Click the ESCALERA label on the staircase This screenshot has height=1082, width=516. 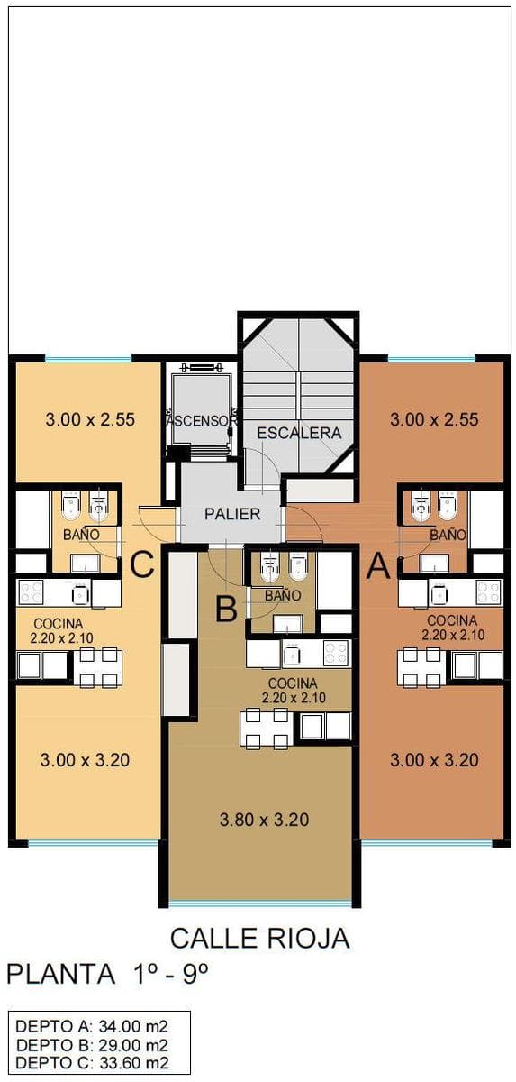(298, 433)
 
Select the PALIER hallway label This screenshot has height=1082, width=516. (232, 514)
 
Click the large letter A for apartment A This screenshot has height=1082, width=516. (378, 565)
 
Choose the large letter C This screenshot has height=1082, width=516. (141, 565)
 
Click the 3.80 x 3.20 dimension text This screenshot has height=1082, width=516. (264, 820)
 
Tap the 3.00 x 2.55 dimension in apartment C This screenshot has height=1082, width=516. (90, 418)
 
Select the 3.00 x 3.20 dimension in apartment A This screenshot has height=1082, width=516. (434, 760)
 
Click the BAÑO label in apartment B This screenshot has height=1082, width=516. (283, 596)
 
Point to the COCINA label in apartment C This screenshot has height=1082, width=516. (59, 624)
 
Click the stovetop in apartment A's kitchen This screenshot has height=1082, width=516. (488, 592)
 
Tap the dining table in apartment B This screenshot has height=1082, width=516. (264, 729)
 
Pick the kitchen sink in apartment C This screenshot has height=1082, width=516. (81, 593)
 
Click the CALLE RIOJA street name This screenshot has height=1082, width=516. (260, 939)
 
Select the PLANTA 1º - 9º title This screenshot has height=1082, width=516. (107, 973)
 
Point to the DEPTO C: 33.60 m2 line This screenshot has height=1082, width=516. (92, 1059)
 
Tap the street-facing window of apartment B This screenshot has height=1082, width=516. (260, 902)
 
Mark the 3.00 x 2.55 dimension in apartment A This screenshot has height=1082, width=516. (434, 418)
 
